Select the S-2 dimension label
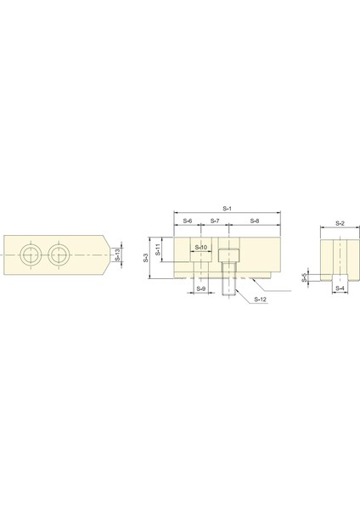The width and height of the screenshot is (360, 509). point(340,222)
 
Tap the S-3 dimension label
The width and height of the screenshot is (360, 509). point(146,256)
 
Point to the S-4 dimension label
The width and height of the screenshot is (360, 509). point(340,288)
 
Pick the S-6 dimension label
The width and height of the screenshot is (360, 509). point(187,221)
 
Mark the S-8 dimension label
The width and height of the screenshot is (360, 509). point(254,221)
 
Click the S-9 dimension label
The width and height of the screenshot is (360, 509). point(200,288)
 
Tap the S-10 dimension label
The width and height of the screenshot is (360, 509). point(201,248)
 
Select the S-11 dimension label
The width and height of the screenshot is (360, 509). point(158,249)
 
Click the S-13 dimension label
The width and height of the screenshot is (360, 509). point(116,254)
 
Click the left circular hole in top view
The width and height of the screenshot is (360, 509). point(31,254)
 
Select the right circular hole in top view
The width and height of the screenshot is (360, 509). point(59,254)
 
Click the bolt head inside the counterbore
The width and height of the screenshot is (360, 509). point(228,255)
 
